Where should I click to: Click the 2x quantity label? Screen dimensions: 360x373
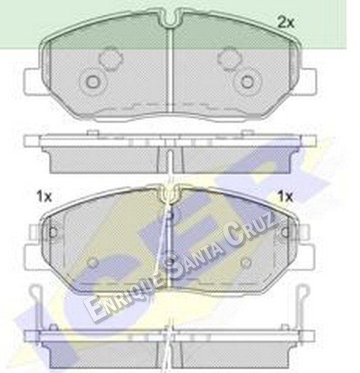tap(286, 23)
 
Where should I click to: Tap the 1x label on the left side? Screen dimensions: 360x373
tap(44, 196)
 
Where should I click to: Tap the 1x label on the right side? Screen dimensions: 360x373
tap(286, 196)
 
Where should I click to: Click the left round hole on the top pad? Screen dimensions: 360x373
tap(92, 82)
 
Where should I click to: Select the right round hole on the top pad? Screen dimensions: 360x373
tap(247, 81)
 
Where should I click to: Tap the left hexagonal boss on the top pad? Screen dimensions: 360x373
tap(111, 58)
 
